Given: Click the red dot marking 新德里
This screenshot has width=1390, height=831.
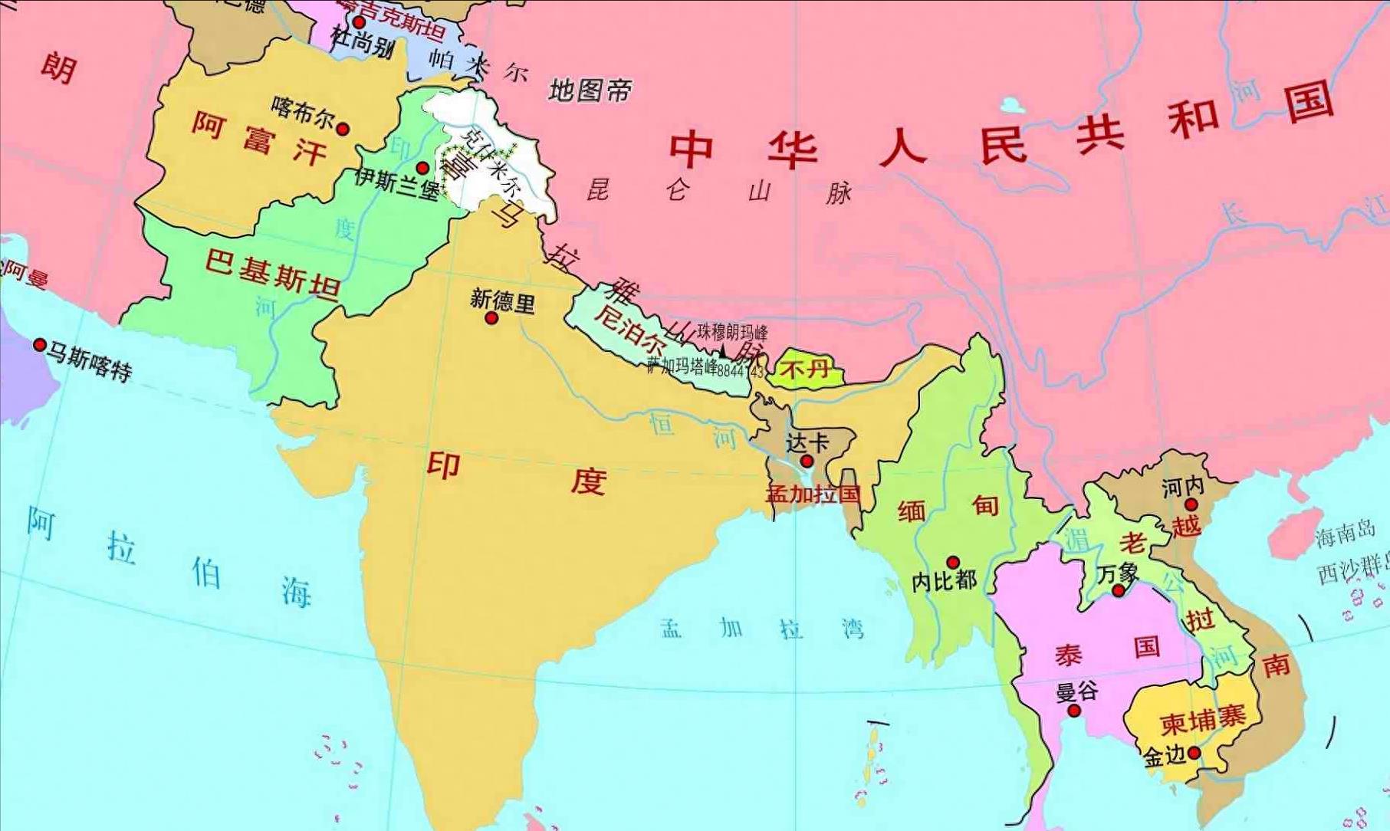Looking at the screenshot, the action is (492, 317).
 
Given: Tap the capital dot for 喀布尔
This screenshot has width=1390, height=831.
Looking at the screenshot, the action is (343, 129).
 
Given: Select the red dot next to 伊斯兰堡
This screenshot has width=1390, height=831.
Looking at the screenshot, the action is (422, 168).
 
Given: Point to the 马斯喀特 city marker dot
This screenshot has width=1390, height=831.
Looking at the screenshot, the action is (40, 345).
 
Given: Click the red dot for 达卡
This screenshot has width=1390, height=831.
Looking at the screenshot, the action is (807, 461).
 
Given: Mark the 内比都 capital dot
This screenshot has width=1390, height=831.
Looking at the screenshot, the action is (953, 562).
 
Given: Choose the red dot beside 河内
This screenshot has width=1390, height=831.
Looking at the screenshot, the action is (1191, 504).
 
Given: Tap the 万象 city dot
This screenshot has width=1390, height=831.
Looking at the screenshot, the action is (1119, 591).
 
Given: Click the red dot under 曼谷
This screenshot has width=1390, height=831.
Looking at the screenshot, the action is (1074, 711).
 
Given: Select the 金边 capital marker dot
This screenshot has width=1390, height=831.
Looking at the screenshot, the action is (1194, 753).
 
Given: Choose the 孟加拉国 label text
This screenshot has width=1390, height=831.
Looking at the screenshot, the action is (813, 494).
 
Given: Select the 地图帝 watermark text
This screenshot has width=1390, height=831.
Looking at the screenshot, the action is (590, 91).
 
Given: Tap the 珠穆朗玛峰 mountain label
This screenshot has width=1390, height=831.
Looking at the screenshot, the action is (732, 332).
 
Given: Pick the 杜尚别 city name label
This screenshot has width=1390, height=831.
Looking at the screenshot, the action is (363, 43).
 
